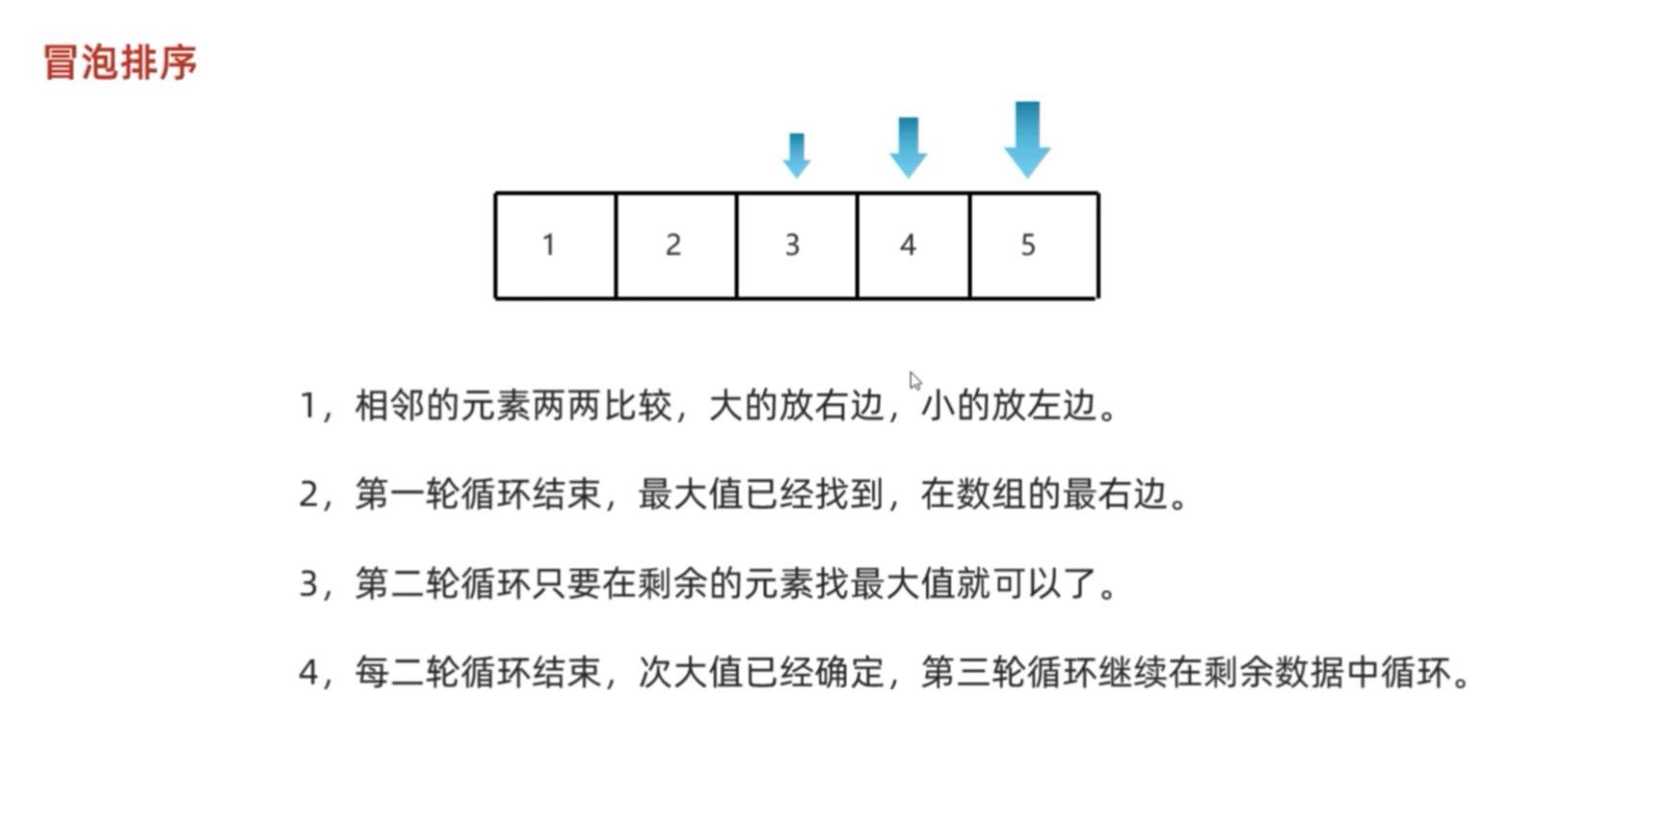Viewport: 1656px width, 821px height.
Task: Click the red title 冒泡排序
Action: coord(120,62)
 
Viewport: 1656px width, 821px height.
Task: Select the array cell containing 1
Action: coord(555,246)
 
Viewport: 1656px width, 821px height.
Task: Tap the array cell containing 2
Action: coord(675,246)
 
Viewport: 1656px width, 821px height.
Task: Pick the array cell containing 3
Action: coord(795,246)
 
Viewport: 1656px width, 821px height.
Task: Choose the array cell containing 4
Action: coord(913,246)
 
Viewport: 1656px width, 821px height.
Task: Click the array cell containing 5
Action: coord(1033,246)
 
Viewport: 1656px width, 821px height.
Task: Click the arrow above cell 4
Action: coord(908,147)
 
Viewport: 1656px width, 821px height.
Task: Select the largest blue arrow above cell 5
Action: coord(1027,139)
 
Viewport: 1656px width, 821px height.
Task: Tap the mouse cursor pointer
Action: coord(915,381)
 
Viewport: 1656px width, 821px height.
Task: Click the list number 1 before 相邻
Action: coord(308,406)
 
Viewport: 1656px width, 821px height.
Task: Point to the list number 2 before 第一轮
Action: coord(308,494)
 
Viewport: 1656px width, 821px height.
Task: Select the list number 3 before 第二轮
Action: coord(308,584)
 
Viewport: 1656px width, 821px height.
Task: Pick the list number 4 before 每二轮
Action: coord(308,672)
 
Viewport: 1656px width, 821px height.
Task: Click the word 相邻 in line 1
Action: coord(389,406)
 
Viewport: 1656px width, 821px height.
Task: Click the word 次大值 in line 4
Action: coord(690,672)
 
